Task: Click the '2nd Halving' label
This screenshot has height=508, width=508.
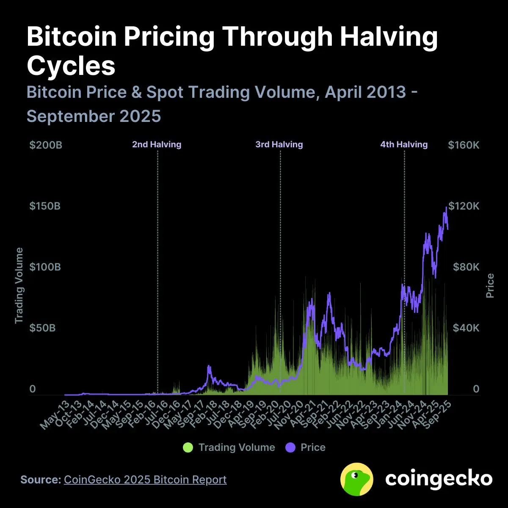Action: [x=157, y=144]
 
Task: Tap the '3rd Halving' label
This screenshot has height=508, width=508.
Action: [x=279, y=144]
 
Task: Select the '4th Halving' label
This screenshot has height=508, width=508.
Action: [x=404, y=144]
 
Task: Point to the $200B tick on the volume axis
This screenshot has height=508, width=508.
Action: [x=46, y=145]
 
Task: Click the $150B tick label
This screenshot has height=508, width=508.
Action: [x=45, y=206]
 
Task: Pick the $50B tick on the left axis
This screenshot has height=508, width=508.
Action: [x=42, y=328]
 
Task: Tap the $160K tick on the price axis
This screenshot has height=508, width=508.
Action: [x=464, y=145]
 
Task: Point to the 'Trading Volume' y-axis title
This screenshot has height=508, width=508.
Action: [x=19, y=286]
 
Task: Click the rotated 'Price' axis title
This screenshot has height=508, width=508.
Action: [x=490, y=286]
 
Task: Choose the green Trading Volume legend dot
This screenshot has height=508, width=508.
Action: [x=188, y=447]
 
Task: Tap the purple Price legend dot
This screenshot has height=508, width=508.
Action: [x=290, y=447]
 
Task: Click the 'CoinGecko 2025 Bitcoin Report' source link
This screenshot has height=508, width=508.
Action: [x=145, y=480]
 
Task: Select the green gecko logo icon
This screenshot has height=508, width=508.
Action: [x=356, y=479]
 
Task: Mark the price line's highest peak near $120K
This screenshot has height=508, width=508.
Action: [x=446, y=207]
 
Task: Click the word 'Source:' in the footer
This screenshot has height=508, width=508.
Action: [x=41, y=480]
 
